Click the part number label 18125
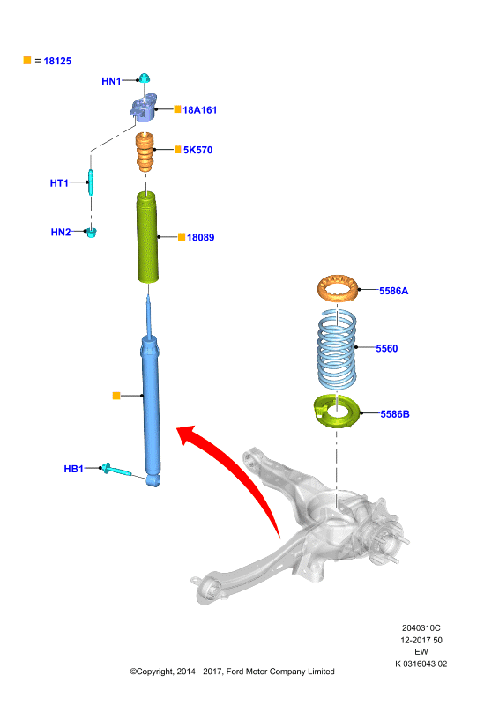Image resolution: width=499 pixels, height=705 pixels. (x=57, y=61)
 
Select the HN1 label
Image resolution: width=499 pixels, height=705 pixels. (x=111, y=81)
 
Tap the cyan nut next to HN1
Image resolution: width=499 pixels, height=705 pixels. (x=145, y=78)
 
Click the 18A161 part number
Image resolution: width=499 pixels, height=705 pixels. (x=200, y=109)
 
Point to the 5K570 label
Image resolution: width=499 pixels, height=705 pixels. (x=197, y=150)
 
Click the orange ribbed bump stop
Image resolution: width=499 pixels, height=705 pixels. (x=145, y=152)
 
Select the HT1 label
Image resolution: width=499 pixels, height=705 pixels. (x=59, y=183)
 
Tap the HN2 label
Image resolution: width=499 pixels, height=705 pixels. (x=61, y=232)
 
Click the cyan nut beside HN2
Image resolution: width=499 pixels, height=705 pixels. (x=92, y=232)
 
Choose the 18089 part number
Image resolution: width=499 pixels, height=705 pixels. (x=201, y=237)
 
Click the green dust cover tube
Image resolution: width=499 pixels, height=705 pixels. (x=147, y=237)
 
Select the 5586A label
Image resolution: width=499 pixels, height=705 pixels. (x=394, y=291)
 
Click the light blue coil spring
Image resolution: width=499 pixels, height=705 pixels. (x=337, y=349)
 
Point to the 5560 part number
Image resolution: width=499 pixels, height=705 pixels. (x=386, y=348)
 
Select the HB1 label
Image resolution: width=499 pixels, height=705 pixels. (x=74, y=469)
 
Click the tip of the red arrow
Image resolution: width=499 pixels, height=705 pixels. (x=176, y=428)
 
